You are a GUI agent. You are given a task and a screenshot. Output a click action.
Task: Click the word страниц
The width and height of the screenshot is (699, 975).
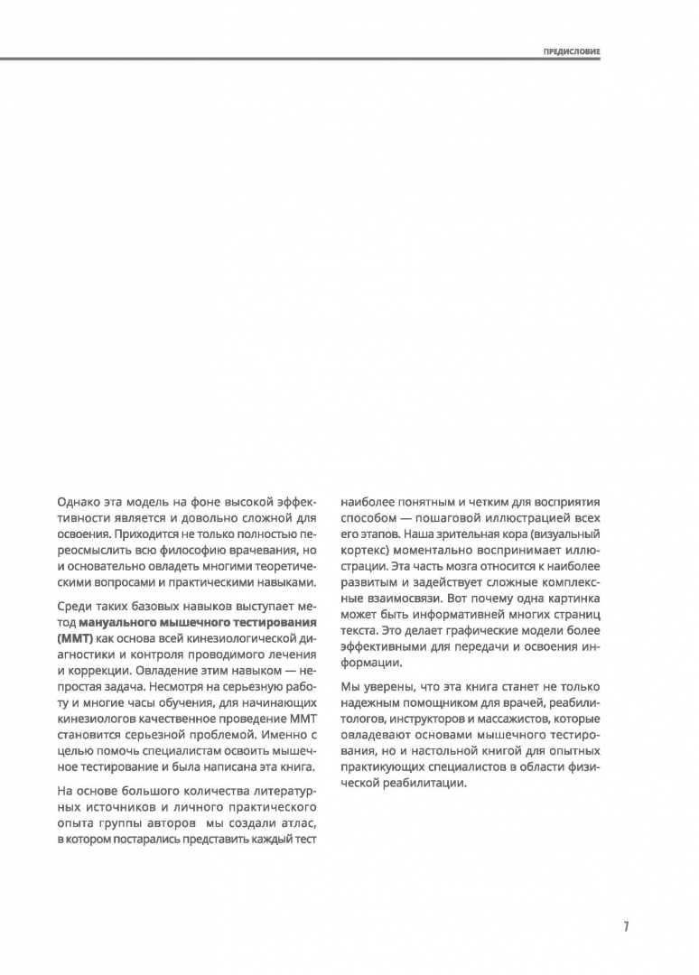(x=573, y=616)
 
